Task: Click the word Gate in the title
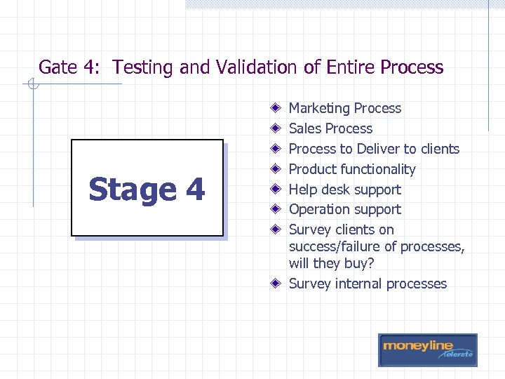(57, 67)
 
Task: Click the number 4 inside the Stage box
(194, 189)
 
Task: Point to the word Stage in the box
(133, 190)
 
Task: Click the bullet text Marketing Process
(345, 108)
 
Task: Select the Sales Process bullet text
(330, 128)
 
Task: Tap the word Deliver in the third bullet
(377, 149)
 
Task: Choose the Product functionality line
(352, 169)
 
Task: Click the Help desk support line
(345, 189)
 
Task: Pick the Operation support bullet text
(345, 209)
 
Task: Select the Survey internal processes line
(368, 284)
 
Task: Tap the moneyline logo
(427, 349)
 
